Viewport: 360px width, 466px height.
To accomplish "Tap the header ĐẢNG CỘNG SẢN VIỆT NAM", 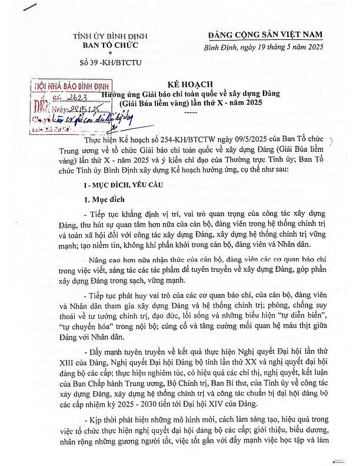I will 275,36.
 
